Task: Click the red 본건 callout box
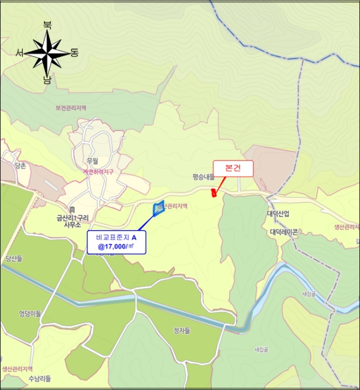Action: pyautogui.click(x=233, y=168)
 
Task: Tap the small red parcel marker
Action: pyautogui.click(x=213, y=193)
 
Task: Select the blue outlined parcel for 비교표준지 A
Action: pyautogui.click(x=159, y=208)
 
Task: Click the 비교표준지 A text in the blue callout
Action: pyautogui.click(x=116, y=237)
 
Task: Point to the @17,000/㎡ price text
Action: pyautogui.click(x=116, y=246)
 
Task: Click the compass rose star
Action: pyautogui.click(x=46, y=53)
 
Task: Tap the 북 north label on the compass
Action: pyautogui.click(x=47, y=25)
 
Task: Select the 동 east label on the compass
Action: pyautogui.click(x=75, y=53)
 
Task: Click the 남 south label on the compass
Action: pyautogui.click(x=47, y=80)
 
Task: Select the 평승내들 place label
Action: pyautogui.click(x=203, y=177)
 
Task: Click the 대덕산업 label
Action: pyautogui.click(x=278, y=214)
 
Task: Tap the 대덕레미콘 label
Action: pyautogui.click(x=284, y=231)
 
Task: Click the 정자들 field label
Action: pyautogui.click(x=182, y=331)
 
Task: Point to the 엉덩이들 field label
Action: pyautogui.click(x=30, y=314)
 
